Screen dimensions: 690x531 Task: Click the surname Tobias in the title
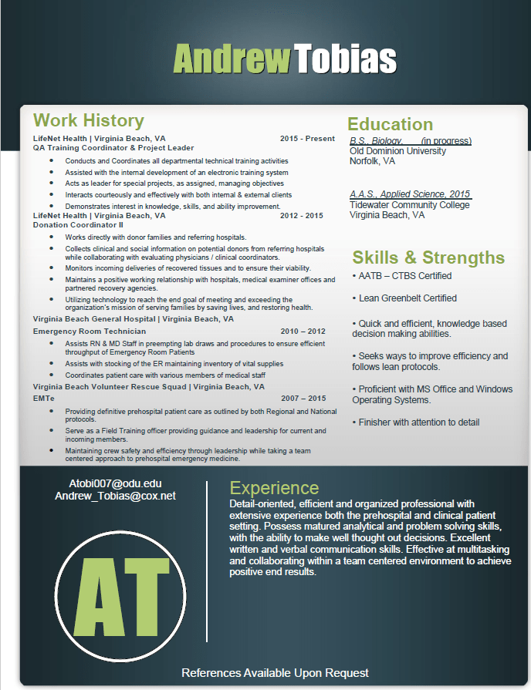pyautogui.click(x=345, y=59)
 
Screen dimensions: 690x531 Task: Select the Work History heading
pyautogui.click(x=89, y=120)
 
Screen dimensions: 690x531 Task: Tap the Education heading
pyautogui.click(x=390, y=124)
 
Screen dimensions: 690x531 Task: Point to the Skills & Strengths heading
pyautogui.click(x=428, y=257)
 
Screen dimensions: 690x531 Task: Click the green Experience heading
pyautogui.click(x=274, y=488)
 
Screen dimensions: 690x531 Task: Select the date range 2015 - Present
pyautogui.click(x=307, y=139)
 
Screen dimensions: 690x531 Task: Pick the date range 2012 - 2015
pyautogui.click(x=302, y=216)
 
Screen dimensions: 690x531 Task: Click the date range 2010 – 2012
pyautogui.click(x=303, y=331)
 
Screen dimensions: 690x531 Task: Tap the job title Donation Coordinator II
pyautogui.click(x=78, y=225)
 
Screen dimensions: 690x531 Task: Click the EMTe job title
pyautogui.click(x=44, y=398)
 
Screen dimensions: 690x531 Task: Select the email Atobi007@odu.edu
pyautogui.click(x=115, y=483)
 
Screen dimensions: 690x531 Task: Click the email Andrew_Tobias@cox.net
pyautogui.click(x=115, y=496)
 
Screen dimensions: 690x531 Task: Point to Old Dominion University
pyautogui.click(x=397, y=151)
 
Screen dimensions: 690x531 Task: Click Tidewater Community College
pyautogui.click(x=409, y=205)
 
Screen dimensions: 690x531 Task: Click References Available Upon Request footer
pyautogui.click(x=275, y=673)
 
